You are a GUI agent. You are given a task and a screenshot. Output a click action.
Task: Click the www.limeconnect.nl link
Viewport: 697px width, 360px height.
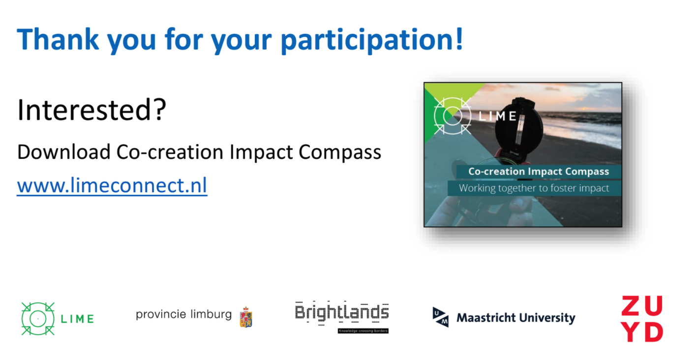point(112,185)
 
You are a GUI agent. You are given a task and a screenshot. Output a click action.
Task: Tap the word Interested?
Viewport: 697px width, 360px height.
point(92,110)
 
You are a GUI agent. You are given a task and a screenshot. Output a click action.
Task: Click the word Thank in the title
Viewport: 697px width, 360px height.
point(58,39)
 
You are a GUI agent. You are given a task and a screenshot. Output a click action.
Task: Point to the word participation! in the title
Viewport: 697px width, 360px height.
point(372,40)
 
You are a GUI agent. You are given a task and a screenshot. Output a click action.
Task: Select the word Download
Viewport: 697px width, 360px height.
point(64,152)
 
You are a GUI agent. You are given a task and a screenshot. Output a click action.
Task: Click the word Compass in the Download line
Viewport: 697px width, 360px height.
point(340,152)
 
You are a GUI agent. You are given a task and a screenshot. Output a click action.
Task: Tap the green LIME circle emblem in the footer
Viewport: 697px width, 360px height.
point(38,319)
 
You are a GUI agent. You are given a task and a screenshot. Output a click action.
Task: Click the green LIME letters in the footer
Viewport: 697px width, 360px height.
point(77,319)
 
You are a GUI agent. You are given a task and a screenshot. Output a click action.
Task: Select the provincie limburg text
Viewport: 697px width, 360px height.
point(183,315)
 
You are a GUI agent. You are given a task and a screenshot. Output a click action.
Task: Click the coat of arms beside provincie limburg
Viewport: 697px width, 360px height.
point(246,317)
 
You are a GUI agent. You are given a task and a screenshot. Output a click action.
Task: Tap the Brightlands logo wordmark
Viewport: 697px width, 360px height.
point(342,313)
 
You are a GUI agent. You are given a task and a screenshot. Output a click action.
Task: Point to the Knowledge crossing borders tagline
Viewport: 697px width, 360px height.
point(363,331)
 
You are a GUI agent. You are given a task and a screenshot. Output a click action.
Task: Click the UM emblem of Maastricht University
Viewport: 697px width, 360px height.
point(440,317)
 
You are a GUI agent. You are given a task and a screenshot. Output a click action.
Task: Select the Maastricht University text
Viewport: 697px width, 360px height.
point(516,318)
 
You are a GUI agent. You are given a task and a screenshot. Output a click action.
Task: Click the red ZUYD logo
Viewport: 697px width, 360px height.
point(642,319)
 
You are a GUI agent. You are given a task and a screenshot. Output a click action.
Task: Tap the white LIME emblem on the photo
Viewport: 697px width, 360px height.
point(453,116)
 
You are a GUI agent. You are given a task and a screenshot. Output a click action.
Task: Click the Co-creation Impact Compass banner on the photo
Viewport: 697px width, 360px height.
point(539,172)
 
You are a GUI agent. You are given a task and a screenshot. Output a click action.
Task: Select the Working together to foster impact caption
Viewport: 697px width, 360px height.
point(534,188)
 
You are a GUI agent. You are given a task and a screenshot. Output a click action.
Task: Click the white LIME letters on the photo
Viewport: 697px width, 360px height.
point(497,117)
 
